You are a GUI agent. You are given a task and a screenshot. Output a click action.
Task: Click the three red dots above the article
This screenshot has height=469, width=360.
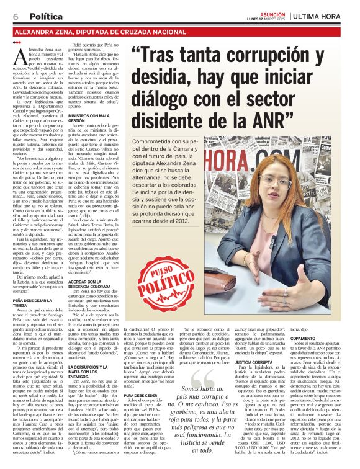coord(16,42)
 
